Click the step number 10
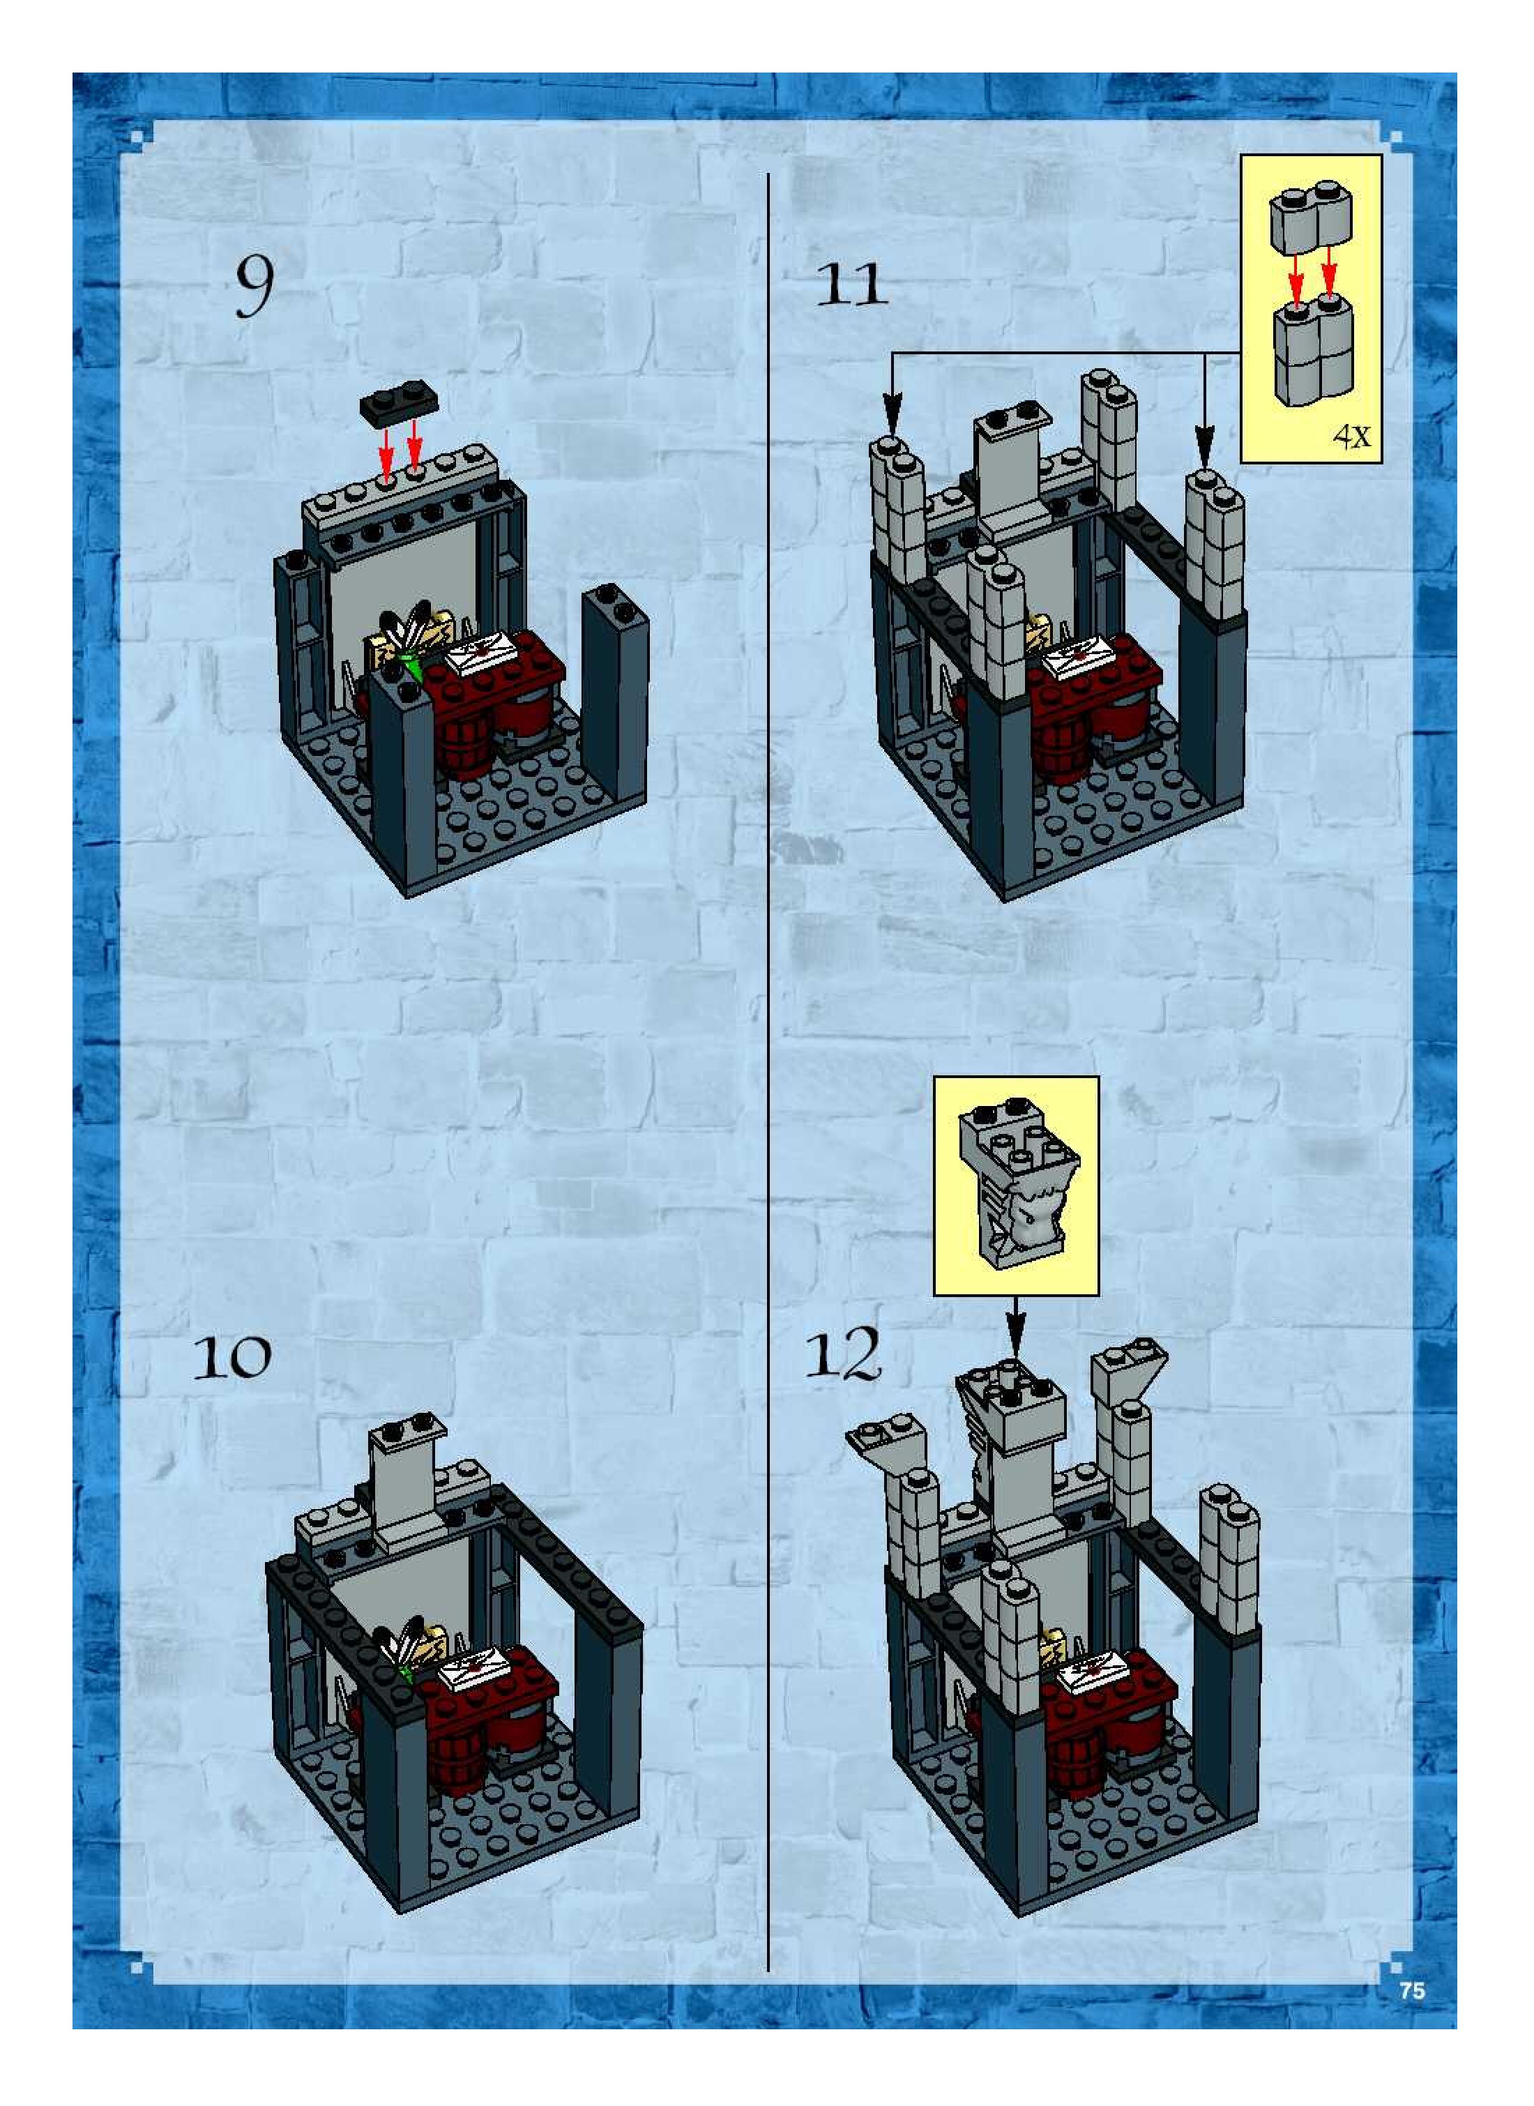[x=232, y=1358]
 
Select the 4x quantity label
[x=1351, y=436]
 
